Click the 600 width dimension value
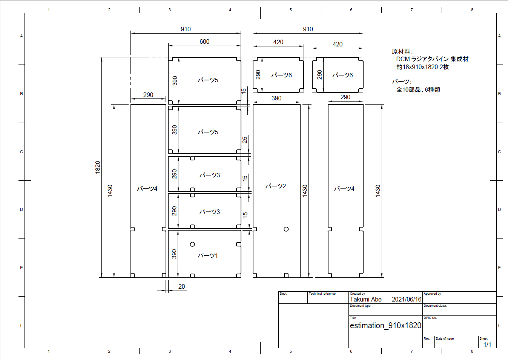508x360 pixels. [x=204, y=42]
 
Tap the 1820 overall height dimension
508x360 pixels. [x=98, y=168]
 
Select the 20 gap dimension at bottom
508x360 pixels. [x=181, y=286]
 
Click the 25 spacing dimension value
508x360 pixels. [x=245, y=140]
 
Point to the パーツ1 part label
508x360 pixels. [x=208, y=255]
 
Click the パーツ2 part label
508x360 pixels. [x=276, y=186]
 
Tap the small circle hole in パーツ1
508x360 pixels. [x=192, y=244]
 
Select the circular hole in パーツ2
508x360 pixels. [x=286, y=229]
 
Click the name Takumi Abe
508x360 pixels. [x=365, y=299]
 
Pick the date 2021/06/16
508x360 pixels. [x=407, y=299]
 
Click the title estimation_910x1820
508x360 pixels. [x=385, y=326]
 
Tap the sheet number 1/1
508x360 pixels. [x=487, y=345]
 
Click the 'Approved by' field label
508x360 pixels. [x=432, y=294]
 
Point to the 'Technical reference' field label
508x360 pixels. [x=322, y=294]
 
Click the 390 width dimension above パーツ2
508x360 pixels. [x=276, y=98]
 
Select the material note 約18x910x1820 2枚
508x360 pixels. [x=422, y=67]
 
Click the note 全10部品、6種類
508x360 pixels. [x=418, y=90]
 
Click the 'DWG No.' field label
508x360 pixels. [x=430, y=318]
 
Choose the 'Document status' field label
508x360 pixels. [x=435, y=306]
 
